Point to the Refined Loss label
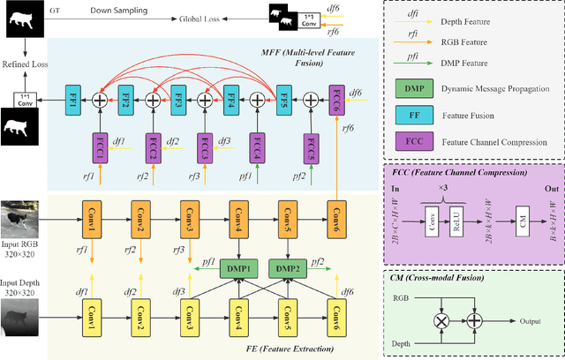point(24,64)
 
